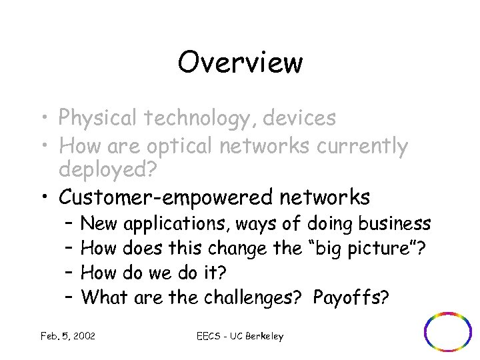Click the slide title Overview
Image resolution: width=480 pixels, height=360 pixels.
click(240, 63)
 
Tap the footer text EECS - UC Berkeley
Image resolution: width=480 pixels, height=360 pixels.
click(240, 336)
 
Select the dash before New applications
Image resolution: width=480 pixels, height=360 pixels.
click(69, 223)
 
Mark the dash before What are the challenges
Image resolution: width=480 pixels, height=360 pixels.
click(69, 297)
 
